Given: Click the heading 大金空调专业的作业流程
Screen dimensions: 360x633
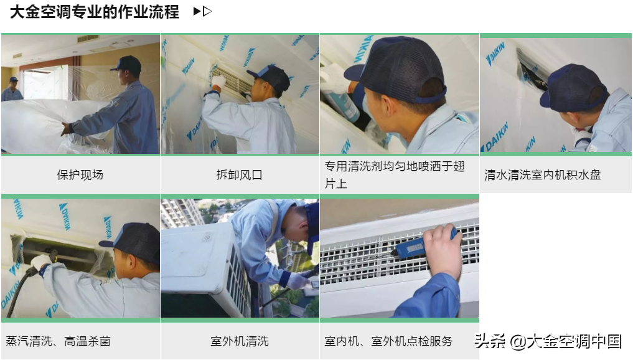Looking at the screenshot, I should (95, 12).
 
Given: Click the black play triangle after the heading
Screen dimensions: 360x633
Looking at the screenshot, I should (197, 12).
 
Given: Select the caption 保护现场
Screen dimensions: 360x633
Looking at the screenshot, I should (80, 175).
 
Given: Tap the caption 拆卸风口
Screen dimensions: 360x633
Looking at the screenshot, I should (240, 175).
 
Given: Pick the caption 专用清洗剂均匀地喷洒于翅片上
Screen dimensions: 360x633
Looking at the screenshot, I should (395, 175).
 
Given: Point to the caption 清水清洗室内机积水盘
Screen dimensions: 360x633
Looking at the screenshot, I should (543, 175).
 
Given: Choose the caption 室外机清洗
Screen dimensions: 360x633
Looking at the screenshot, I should (240, 341).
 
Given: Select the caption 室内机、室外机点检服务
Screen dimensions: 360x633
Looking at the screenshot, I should (388, 341).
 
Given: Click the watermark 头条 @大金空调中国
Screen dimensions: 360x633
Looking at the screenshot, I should (548, 341).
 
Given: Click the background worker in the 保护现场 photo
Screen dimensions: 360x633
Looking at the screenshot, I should (11, 90).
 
